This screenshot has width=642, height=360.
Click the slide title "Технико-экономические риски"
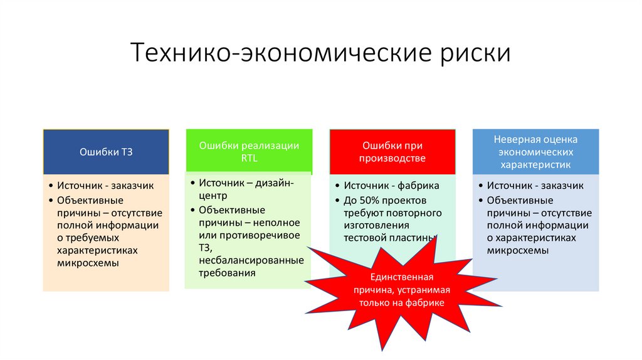point(320,53)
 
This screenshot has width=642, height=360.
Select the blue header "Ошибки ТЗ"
point(106,152)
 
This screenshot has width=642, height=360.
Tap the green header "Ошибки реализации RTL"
point(249,151)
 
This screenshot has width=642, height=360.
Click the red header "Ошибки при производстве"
point(392,152)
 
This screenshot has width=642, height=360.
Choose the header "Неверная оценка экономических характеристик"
point(535,152)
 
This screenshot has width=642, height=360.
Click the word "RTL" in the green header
point(249,158)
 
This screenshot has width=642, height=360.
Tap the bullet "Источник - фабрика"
point(391,186)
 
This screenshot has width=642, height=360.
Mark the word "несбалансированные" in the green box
point(251,260)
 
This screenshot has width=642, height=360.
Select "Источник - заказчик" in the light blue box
point(535,186)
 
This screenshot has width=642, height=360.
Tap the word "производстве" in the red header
point(392,159)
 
